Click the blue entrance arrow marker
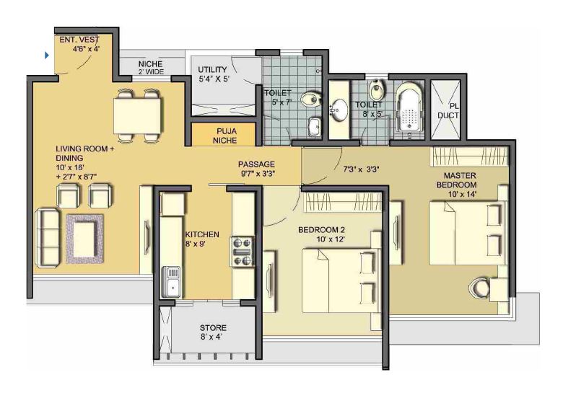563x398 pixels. coord(48,55)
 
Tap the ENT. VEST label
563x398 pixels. coord(81,44)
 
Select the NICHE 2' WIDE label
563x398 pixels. coord(152,68)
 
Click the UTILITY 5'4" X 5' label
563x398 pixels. coord(214,74)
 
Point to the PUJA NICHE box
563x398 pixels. coord(224,136)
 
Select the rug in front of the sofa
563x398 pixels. coord(84,238)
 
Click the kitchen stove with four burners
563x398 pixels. coord(241,252)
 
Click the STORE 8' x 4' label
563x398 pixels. coord(213,332)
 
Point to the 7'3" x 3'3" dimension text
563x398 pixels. coord(361,170)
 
